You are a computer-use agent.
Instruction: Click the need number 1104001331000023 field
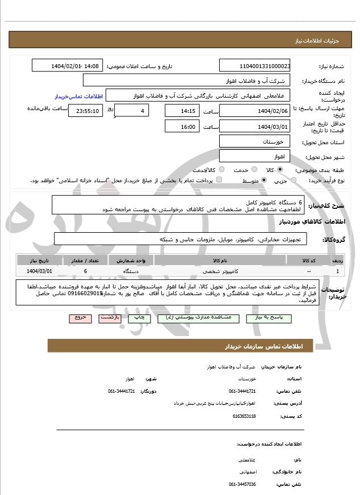click(x=255, y=66)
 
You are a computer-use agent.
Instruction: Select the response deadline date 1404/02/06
click(x=255, y=111)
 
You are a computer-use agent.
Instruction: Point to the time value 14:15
click(x=182, y=111)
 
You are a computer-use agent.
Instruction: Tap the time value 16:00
click(x=182, y=127)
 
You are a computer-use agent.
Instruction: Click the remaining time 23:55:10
click(x=85, y=111)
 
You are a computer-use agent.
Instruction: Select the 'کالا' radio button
click(x=280, y=169)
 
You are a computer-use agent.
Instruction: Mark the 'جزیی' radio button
click(x=293, y=180)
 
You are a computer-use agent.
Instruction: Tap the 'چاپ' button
click(x=139, y=318)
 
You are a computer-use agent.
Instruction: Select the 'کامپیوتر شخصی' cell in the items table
click(x=219, y=271)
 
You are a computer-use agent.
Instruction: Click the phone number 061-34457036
click(x=242, y=484)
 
